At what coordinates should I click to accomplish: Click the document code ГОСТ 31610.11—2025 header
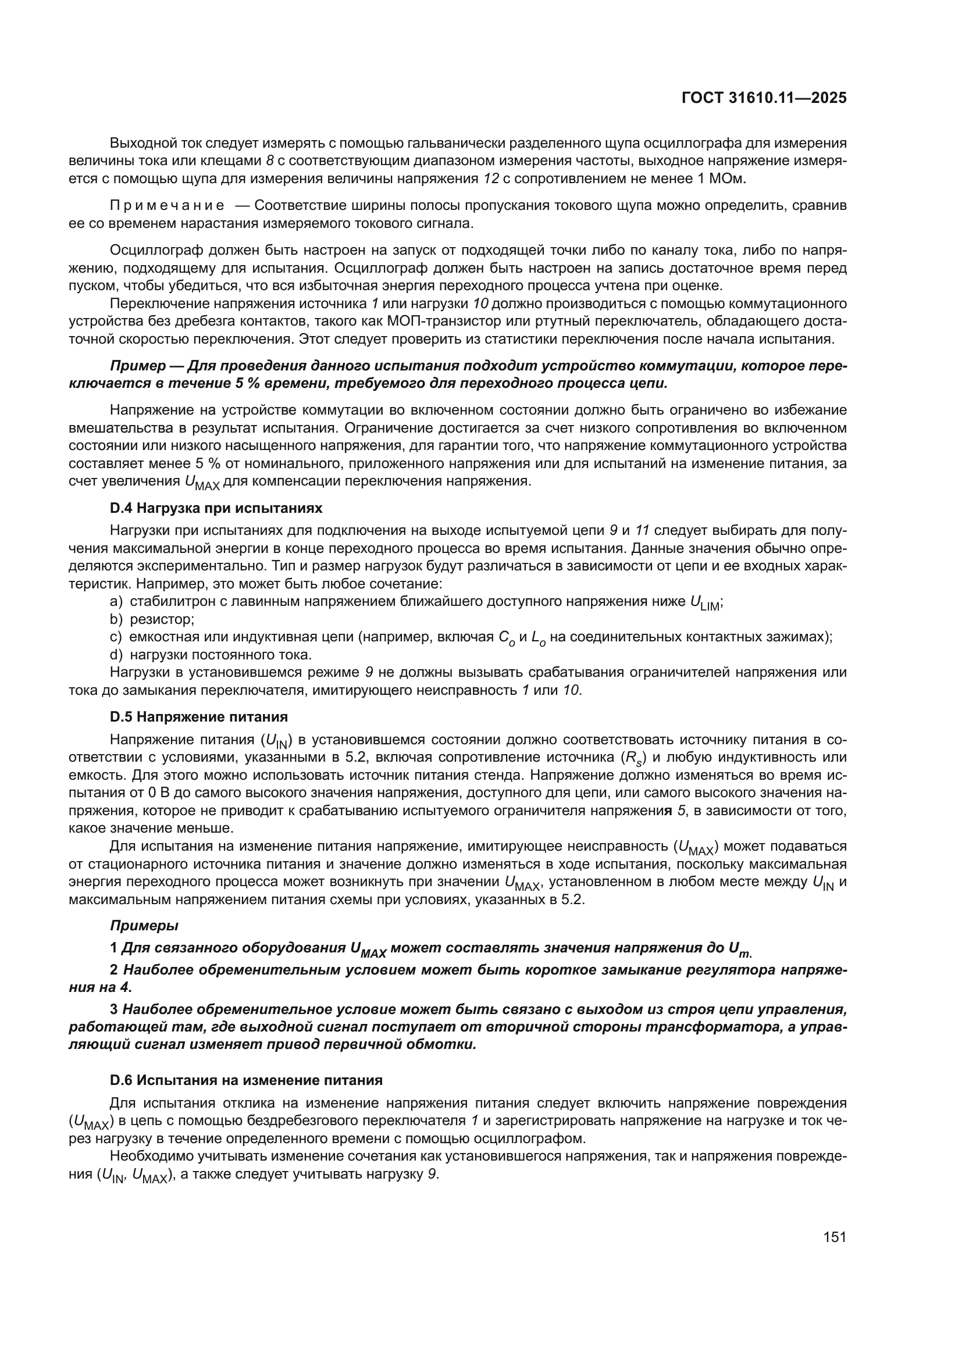point(764,98)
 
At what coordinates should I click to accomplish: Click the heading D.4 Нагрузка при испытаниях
point(216,508)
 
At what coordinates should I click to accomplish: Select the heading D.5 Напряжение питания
point(199,717)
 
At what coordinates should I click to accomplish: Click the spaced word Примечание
point(168,205)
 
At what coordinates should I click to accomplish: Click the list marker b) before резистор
point(116,619)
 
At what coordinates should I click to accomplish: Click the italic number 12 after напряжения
point(491,179)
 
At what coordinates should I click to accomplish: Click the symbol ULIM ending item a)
point(704,602)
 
